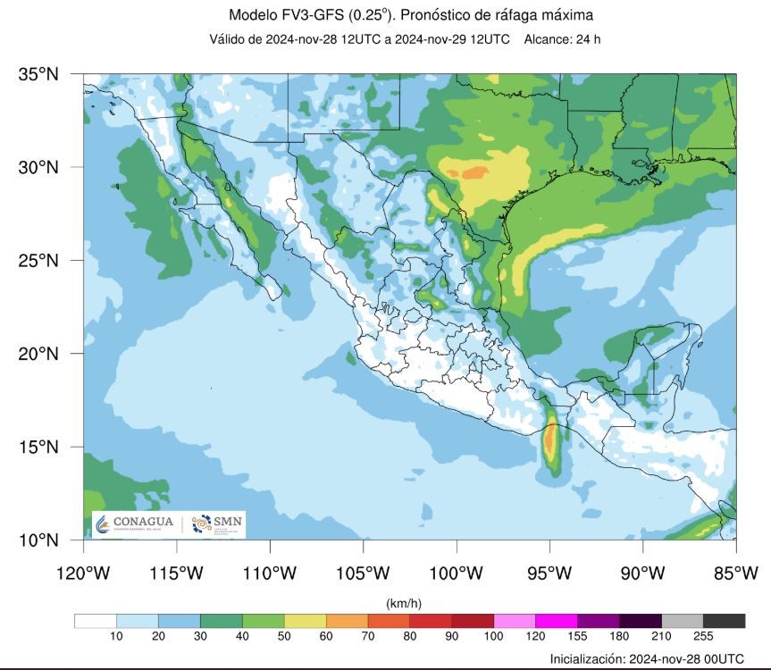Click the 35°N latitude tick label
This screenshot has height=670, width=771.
(x=39, y=74)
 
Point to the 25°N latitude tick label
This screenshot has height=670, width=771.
(x=39, y=261)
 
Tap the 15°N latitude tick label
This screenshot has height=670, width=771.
(x=39, y=447)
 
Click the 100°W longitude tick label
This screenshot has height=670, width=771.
(x=456, y=573)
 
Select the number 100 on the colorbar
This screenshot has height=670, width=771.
(x=493, y=637)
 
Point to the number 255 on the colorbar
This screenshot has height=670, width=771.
(x=703, y=637)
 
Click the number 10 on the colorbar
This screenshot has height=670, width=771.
(x=116, y=637)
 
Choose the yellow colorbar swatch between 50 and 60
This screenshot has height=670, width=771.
(x=306, y=621)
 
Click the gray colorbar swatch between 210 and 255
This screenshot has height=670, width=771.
(x=683, y=621)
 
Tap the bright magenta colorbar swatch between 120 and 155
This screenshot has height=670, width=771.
(x=557, y=621)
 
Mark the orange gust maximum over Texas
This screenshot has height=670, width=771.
(x=475, y=172)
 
